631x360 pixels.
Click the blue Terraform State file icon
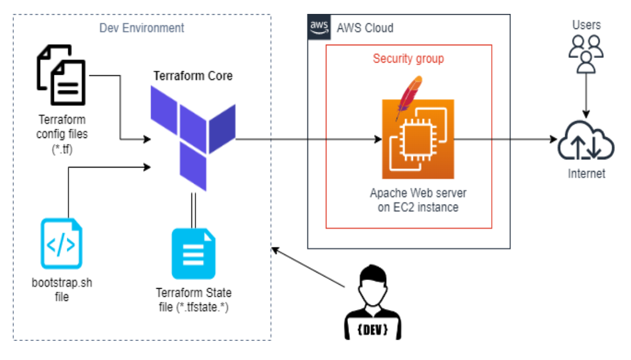pyautogui.click(x=194, y=254)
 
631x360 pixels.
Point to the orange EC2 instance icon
pyautogui.click(x=418, y=139)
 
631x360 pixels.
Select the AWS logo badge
pyautogui.click(x=319, y=27)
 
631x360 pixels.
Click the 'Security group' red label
pyautogui.click(x=408, y=59)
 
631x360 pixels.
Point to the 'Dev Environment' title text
pyautogui.click(x=142, y=28)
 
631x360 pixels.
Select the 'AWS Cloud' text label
pyautogui.click(x=365, y=28)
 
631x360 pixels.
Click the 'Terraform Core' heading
pyautogui.click(x=193, y=75)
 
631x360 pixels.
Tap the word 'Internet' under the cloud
pyautogui.click(x=586, y=173)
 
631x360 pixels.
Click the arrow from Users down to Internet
pyautogui.click(x=586, y=96)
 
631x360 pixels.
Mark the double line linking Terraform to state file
pyautogui.click(x=194, y=210)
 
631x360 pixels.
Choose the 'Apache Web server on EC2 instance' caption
pyautogui.click(x=418, y=200)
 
